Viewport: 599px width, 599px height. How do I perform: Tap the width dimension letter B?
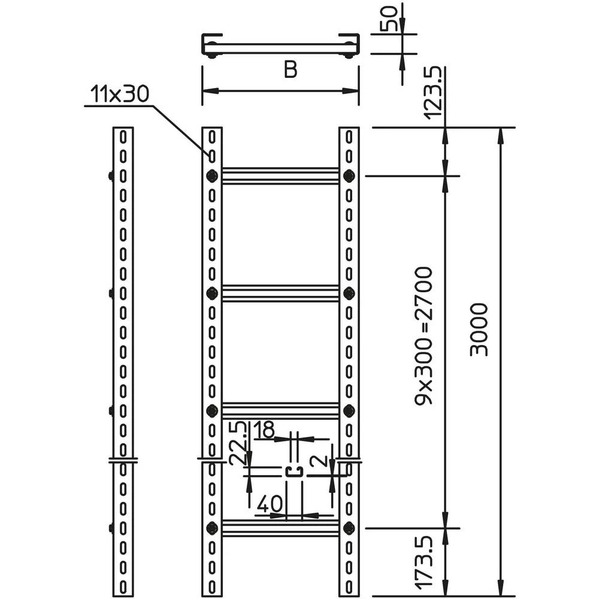point(291,71)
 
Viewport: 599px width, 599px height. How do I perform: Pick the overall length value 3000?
point(479,329)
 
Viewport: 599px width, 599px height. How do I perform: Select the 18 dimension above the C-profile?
point(264,431)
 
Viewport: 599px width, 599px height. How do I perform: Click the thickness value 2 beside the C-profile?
point(320,462)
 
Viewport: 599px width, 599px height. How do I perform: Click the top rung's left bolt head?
point(211,176)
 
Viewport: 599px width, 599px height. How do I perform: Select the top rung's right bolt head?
point(349,176)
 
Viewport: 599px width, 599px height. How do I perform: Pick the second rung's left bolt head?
point(211,293)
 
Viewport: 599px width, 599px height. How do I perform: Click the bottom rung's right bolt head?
point(349,528)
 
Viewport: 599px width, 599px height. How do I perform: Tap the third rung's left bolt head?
point(211,410)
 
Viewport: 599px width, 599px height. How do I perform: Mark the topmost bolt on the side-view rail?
point(111,176)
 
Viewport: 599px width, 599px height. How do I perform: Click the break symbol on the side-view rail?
point(123,461)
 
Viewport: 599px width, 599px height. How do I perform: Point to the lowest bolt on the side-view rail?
point(111,528)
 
